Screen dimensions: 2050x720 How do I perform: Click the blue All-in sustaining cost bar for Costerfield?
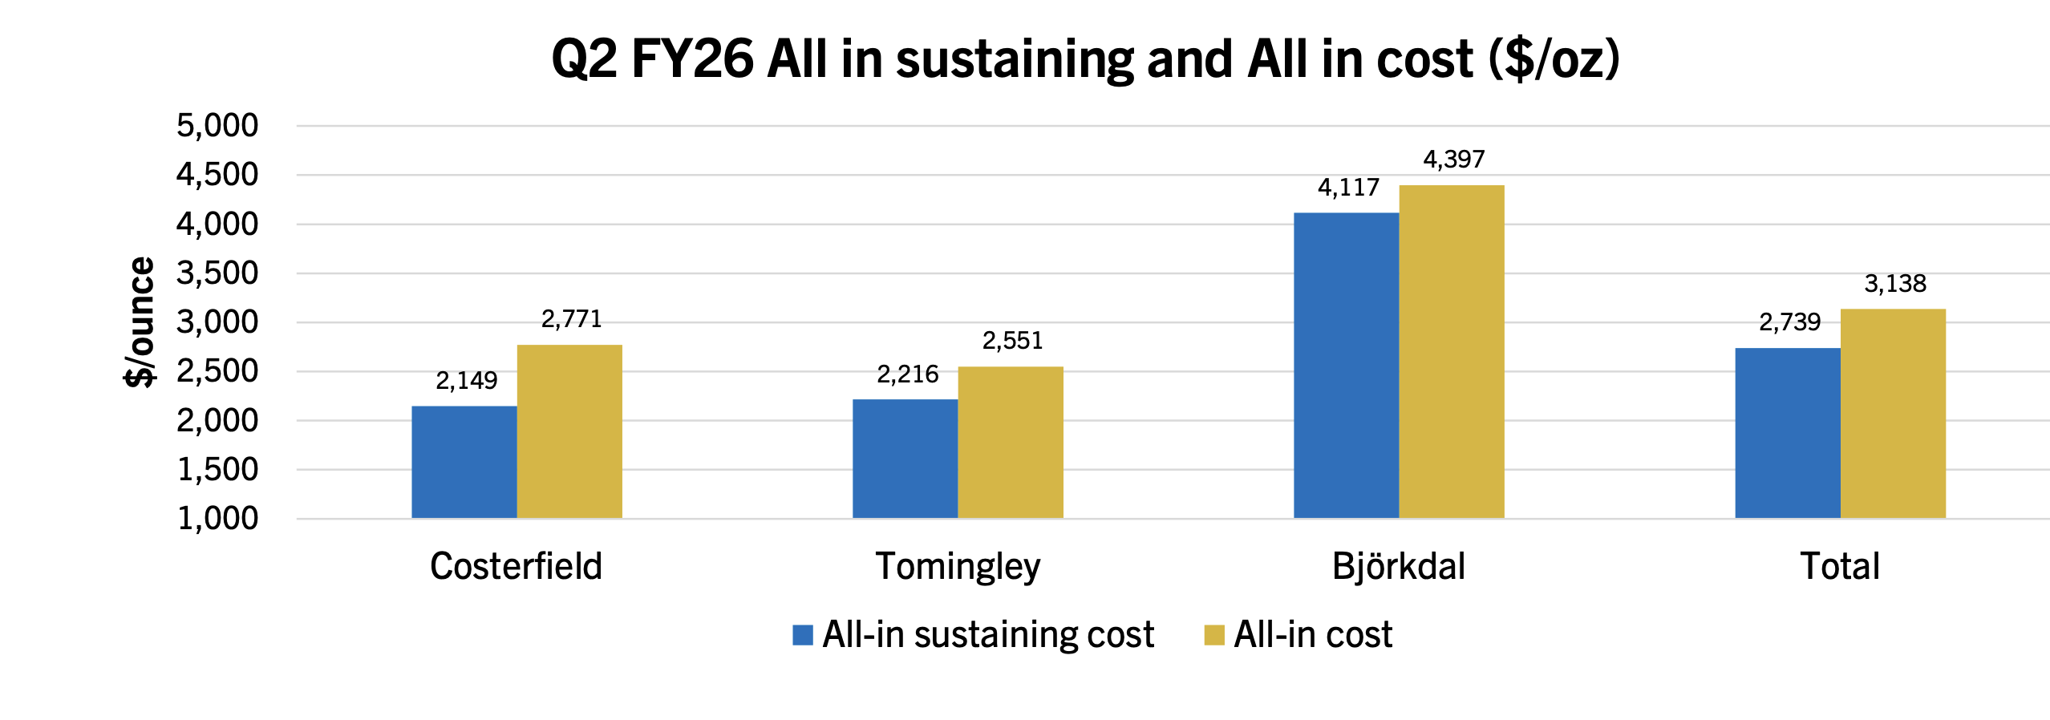[464, 462]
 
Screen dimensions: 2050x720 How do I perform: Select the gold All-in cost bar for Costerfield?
[569, 431]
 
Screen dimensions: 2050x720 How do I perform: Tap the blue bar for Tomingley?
[905, 459]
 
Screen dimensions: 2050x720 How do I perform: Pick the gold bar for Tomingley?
[1011, 443]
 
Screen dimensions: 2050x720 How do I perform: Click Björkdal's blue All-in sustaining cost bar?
[1347, 366]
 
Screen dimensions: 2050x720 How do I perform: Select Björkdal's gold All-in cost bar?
[1452, 352]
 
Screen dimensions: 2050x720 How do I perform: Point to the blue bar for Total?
[1788, 433]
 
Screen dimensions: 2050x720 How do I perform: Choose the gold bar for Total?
[1893, 414]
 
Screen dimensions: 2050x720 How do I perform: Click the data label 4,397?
[1454, 160]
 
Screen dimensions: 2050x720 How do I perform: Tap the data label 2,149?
[467, 380]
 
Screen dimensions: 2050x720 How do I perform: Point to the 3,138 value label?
[1895, 283]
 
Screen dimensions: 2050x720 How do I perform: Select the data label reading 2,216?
[908, 374]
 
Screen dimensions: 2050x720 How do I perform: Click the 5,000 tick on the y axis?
[217, 126]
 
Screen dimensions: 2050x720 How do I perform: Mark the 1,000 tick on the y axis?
[217, 519]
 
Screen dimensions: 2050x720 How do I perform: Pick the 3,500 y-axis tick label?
[217, 273]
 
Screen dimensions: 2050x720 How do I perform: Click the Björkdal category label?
[1399, 566]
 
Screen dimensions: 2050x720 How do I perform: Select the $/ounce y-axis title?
[140, 322]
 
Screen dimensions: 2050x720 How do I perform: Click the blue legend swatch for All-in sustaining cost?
[803, 635]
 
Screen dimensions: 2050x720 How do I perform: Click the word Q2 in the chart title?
[585, 59]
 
